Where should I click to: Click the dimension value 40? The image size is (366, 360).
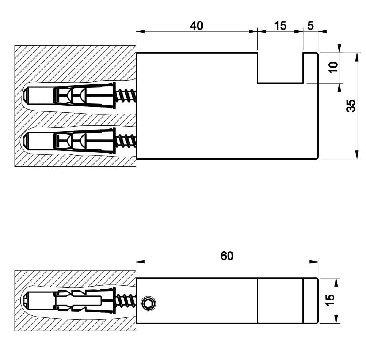[196, 26]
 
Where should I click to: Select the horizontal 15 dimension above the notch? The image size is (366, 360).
[280, 26]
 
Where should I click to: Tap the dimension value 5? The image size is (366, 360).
[310, 26]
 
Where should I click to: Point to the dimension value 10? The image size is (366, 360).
[333, 68]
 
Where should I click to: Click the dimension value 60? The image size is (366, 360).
[227, 256]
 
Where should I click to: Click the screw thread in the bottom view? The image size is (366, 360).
[126, 301]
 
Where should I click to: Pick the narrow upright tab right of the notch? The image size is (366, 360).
[310, 68]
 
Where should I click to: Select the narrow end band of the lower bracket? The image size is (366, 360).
[310, 301]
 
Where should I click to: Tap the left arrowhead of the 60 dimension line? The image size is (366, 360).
[139, 262]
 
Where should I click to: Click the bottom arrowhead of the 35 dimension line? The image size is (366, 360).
[357, 155]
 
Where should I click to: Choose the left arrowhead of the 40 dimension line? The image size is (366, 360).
[139, 31]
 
